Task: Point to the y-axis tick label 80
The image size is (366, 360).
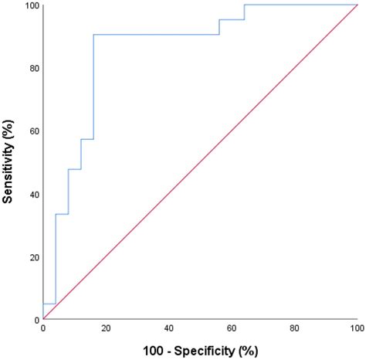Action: coord(33,69)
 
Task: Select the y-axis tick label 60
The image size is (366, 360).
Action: coord(33,131)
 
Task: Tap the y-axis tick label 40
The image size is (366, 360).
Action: coord(33,195)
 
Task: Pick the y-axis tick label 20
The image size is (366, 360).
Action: coord(33,257)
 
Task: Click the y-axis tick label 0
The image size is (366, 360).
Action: coord(36,319)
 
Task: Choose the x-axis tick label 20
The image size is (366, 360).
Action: coord(106,329)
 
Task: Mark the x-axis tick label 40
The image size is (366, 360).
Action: coord(168,329)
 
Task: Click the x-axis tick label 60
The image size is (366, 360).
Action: coord(231,329)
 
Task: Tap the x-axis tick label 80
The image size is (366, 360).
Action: coord(293,329)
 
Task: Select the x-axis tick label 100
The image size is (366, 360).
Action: coord(355,329)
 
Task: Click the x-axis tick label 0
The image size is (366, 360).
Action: coord(43,329)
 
